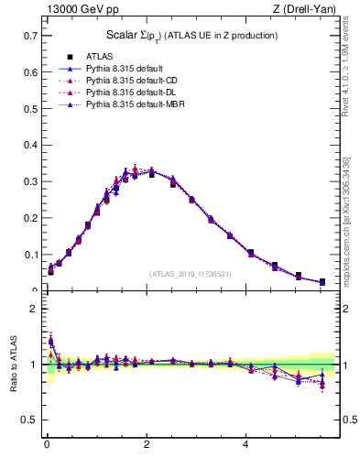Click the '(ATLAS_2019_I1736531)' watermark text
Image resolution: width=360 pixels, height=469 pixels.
click(x=191, y=274)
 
